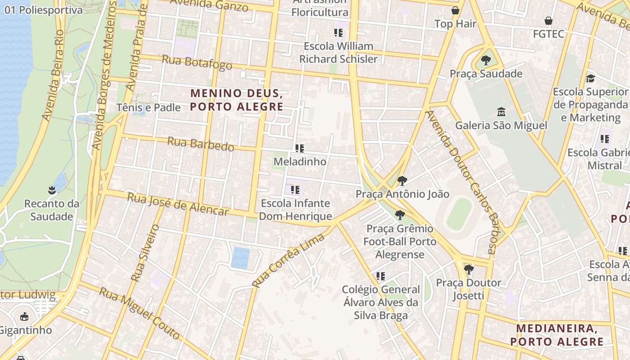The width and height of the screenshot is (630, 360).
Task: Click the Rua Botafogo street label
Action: click(x=197, y=63)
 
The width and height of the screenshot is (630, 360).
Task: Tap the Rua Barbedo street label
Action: click(x=201, y=144)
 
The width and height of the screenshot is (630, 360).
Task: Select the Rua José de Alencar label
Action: click(x=178, y=204)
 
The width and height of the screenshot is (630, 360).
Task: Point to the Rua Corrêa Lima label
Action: click(x=288, y=260)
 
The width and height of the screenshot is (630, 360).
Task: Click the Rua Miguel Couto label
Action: click(x=139, y=313)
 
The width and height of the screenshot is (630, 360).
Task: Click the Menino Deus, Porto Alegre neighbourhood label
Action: click(x=237, y=100)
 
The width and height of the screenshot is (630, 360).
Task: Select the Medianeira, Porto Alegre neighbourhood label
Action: click(x=557, y=335)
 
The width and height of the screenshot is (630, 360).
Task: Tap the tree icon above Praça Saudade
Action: click(x=486, y=60)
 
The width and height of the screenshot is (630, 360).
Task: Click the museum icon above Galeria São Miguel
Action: click(x=501, y=111)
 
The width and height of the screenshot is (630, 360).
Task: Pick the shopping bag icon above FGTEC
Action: click(x=548, y=21)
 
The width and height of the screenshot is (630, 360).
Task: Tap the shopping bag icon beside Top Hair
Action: click(x=455, y=10)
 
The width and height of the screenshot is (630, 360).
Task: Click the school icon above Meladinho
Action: click(x=300, y=148)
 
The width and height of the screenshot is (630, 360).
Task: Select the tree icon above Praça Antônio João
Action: click(x=402, y=181)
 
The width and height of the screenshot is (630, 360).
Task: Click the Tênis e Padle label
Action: click(x=148, y=108)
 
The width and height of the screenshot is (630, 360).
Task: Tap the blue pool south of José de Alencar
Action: click(x=241, y=258)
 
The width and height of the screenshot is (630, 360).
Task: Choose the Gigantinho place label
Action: click(x=25, y=330)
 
